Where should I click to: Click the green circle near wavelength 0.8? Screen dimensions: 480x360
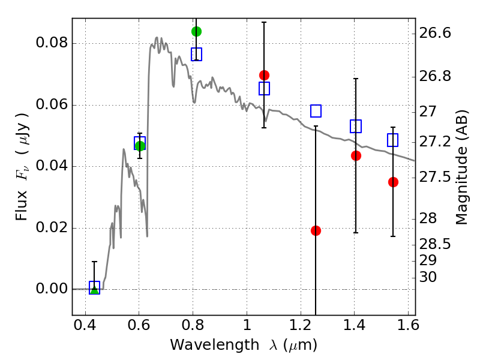(196, 31)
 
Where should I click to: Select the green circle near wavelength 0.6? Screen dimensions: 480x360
(140, 146)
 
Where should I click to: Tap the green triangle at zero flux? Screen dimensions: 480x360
(95, 290)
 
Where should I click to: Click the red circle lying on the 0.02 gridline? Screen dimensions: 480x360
(316, 230)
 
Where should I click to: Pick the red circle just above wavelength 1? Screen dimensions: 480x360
(264, 75)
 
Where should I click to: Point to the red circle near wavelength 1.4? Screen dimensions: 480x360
(356, 155)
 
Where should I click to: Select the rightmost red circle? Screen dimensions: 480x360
(393, 182)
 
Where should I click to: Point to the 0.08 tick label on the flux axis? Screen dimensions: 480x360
(52, 43)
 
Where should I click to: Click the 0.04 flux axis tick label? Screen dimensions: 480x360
(52, 166)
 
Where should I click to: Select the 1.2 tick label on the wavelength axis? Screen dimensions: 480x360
(301, 325)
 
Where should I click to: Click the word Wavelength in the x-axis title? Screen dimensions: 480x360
(215, 346)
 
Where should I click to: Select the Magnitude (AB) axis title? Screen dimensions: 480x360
(461, 167)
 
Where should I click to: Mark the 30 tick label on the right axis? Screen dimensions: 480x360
(428, 277)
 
